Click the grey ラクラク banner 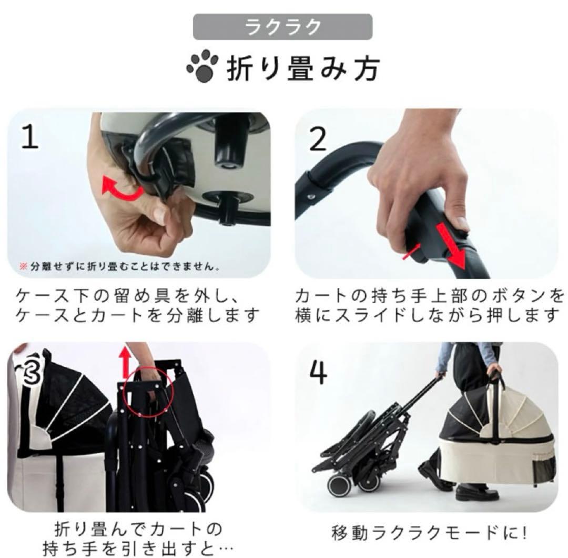(x=282, y=27)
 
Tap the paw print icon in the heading (x=202, y=67)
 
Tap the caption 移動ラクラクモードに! (x=428, y=533)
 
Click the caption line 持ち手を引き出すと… (x=138, y=547)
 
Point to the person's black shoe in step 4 (x=476, y=493)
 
